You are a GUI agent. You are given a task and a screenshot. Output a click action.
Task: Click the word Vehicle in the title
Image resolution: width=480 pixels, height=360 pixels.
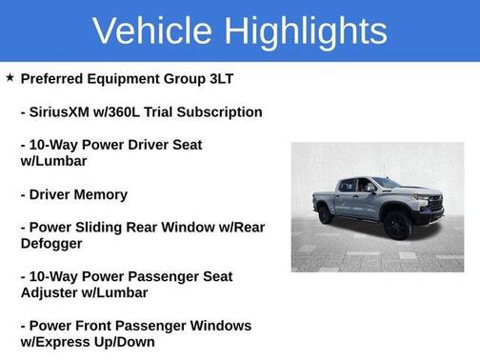(x=152, y=30)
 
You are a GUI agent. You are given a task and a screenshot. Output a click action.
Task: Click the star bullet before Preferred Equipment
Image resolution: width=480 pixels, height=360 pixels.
(x=10, y=76)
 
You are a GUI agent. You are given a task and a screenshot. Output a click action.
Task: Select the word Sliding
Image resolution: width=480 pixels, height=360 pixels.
(x=118, y=228)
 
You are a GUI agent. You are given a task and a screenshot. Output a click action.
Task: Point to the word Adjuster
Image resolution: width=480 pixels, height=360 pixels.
(x=52, y=293)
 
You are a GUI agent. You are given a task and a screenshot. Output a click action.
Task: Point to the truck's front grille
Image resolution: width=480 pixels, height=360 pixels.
(x=435, y=204)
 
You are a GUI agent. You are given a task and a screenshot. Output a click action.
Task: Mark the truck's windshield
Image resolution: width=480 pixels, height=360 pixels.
(x=387, y=182)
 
